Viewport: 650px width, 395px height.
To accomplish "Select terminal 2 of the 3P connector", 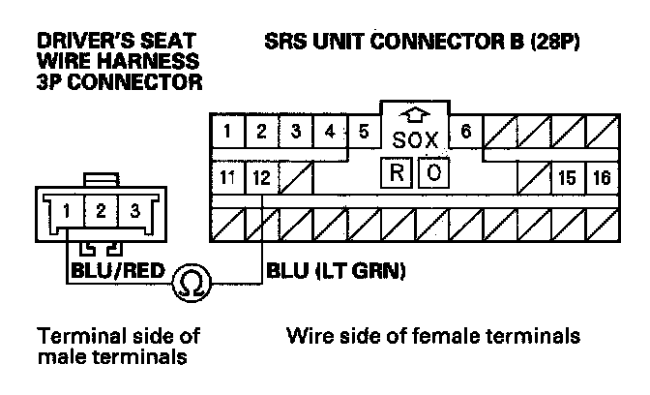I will [x=100, y=210].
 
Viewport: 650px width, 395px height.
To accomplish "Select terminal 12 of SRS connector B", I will [x=260, y=178].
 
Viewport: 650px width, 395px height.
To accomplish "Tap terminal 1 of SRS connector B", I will [x=226, y=132].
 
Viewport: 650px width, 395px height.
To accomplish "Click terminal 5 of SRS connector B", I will [x=364, y=132].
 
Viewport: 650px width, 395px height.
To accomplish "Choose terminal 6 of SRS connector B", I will [x=466, y=132].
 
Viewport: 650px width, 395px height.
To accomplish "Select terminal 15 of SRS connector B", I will [x=568, y=178].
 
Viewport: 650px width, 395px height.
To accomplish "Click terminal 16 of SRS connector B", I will [x=602, y=178].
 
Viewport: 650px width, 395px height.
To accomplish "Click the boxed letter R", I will [x=398, y=173].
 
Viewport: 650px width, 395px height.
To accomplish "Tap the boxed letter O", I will [x=434, y=173].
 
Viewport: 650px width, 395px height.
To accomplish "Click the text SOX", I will [x=416, y=141].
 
